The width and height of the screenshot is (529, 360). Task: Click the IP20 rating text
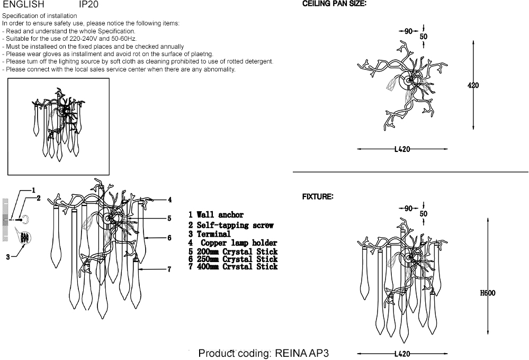[x=88, y=4]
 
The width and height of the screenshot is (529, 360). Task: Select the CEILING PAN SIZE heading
[x=334, y=3]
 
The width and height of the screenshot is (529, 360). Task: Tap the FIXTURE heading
[x=318, y=197]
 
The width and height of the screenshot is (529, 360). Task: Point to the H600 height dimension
[x=488, y=293]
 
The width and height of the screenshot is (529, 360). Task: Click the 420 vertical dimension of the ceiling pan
[x=473, y=85]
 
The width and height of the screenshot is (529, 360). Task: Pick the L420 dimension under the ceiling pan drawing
[x=402, y=149]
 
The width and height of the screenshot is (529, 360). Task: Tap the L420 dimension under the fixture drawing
[x=402, y=354]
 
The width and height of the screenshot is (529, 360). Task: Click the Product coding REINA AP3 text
[x=264, y=353]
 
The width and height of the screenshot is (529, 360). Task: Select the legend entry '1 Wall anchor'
[x=216, y=215]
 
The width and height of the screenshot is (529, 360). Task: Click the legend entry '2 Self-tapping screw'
[x=231, y=225]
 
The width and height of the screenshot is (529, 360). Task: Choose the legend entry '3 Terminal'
[x=210, y=233]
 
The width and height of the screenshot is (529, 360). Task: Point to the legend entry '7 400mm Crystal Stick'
[x=233, y=266]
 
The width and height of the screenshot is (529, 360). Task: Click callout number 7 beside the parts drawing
[x=169, y=269]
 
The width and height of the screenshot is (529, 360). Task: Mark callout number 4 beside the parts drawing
[x=169, y=200]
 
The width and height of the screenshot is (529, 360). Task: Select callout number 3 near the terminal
[x=8, y=257]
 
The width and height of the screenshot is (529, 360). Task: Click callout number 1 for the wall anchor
[x=33, y=190]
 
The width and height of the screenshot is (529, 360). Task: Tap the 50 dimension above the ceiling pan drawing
[x=424, y=37]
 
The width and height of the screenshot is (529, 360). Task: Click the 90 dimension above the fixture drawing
[x=408, y=209]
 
